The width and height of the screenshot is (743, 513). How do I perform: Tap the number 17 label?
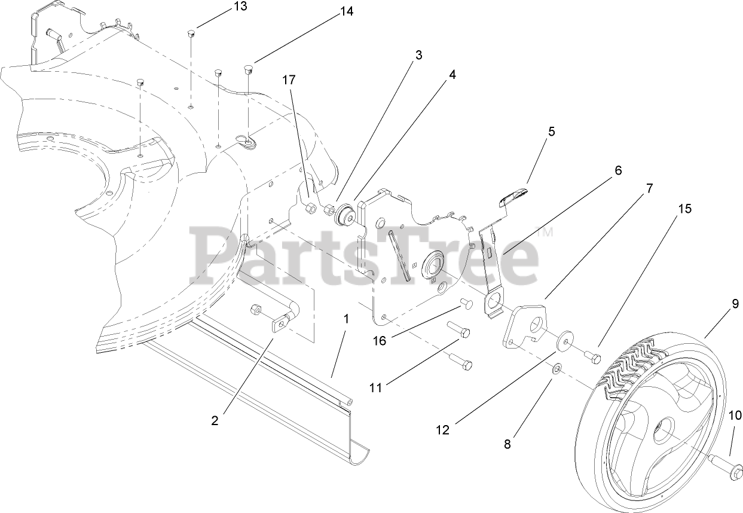tap(289, 80)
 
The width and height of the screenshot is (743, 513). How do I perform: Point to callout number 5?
tap(551, 132)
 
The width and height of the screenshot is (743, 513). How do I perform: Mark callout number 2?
tap(215, 420)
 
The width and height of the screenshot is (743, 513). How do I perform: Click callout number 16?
tap(380, 340)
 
